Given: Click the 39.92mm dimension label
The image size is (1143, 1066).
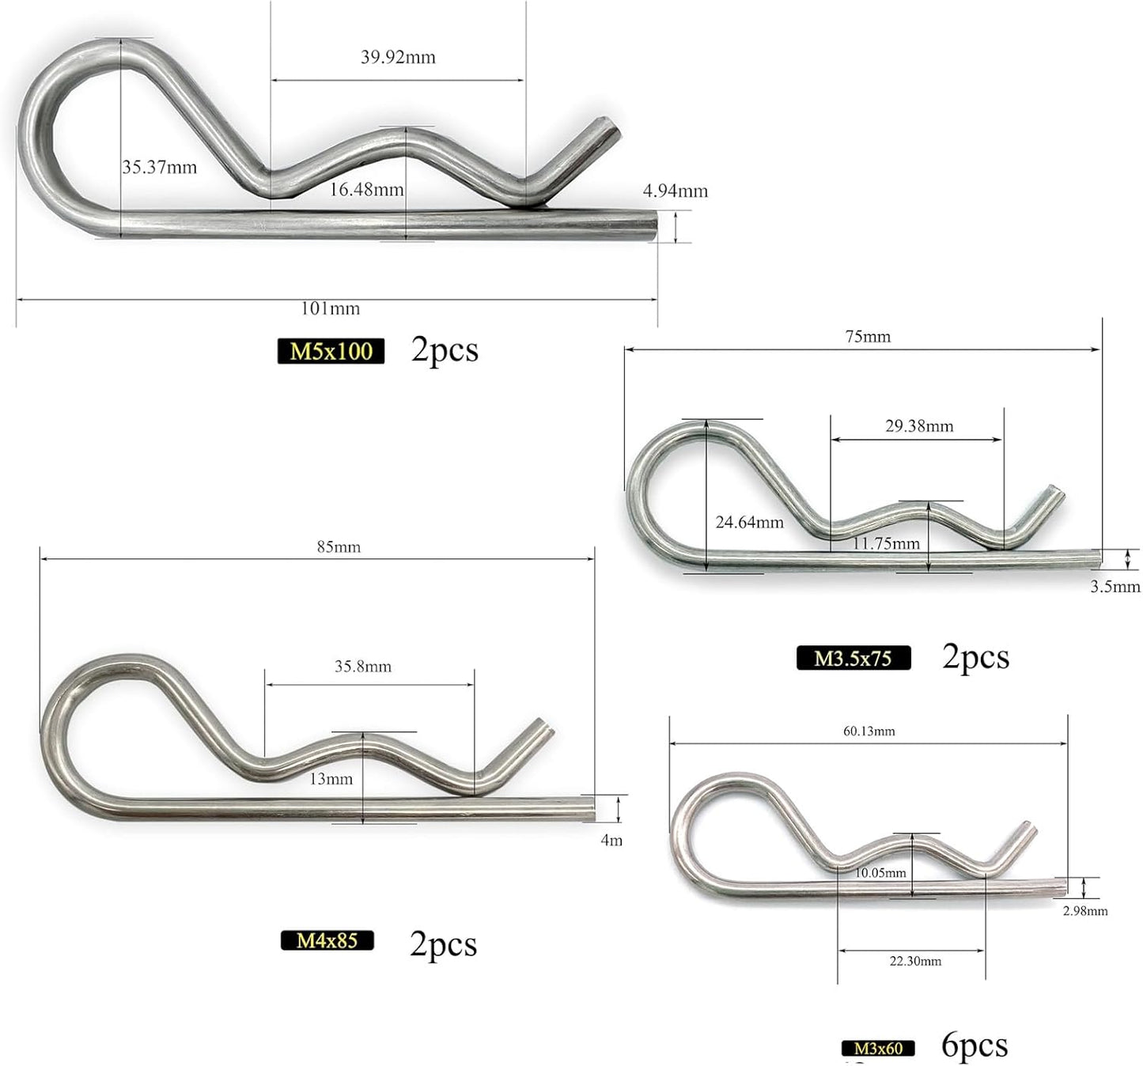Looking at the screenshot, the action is pos(398,57).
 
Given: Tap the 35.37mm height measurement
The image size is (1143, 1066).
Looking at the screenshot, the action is pos(160,167).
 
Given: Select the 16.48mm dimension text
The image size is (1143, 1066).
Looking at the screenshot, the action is pos(366,189).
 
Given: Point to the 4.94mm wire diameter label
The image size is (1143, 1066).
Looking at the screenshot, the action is pos(675,191).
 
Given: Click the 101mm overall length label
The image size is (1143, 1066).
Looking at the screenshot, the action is pos(331,308).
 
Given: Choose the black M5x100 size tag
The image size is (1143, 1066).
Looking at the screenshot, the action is pos(331,350).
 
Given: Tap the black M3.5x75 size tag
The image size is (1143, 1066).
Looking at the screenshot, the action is pos(853,658).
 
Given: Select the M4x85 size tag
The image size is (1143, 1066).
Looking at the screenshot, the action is pos(327,940).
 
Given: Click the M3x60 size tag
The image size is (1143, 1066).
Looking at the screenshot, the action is pos(878,1049).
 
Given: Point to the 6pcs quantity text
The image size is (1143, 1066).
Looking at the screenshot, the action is pos(975,1045).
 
